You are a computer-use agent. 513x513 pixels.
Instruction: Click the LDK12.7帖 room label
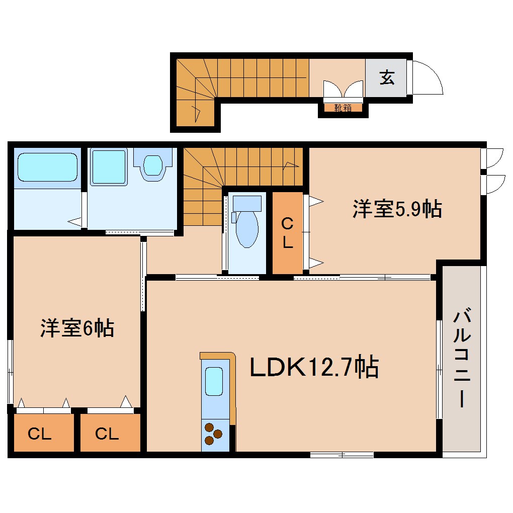[x=314, y=368]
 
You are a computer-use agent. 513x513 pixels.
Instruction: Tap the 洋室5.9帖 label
[x=397, y=209]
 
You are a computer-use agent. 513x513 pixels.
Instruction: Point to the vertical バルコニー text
[x=462, y=359]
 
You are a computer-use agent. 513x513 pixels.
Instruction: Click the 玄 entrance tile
[x=386, y=78]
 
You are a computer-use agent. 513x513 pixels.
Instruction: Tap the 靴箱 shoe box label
[x=343, y=108]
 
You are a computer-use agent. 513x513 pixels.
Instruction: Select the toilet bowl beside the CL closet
[x=246, y=229]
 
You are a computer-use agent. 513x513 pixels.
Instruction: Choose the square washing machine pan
[x=109, y=167]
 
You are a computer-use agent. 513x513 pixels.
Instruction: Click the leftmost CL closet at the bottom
[x=40, y=433]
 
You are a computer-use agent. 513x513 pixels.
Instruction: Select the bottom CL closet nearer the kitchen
[x=108, y=433]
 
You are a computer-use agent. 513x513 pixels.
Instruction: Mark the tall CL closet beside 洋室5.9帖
[x=287, y=232]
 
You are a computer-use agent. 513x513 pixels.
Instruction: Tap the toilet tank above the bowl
[x=246, y=204]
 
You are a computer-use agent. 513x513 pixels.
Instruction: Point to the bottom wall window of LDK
[x=341, y=455]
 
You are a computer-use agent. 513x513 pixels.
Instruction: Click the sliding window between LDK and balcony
[x=439, y=370]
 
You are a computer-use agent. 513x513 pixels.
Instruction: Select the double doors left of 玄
[x=343, y=90]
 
